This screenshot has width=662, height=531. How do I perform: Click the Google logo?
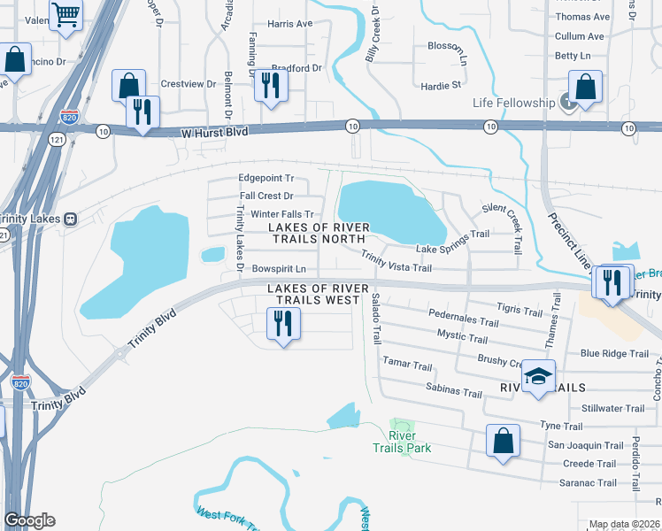coord(29,520)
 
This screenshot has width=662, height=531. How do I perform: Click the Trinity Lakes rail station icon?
coord(75,219)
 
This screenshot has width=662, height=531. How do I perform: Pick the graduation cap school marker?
coord(537,376)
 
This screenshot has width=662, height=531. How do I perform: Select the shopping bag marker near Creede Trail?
coord(502,442)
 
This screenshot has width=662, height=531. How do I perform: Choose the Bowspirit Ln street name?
coord(279,268)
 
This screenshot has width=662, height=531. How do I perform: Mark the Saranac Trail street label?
coord(588,482)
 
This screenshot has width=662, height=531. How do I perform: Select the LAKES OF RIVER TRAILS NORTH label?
coord(319,233)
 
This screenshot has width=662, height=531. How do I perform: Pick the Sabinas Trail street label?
coord(453,393)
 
